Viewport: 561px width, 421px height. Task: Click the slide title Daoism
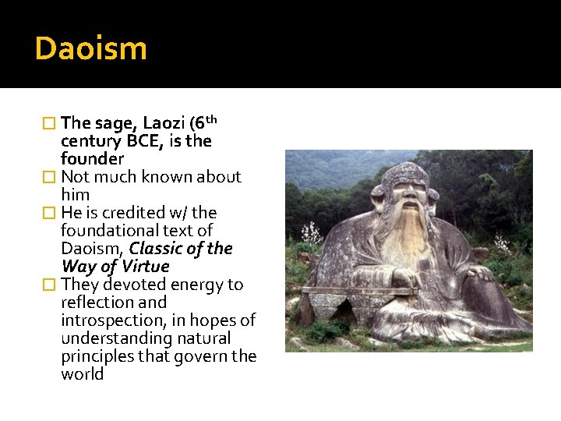tap(90, 48)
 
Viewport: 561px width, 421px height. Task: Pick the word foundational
tap(106, 231)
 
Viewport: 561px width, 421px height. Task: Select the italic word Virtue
tap(144, 267)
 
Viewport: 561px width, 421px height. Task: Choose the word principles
tap(97, 356)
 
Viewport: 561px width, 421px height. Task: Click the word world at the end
tap(83, 374)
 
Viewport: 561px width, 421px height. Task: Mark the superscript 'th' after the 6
tap(210, 119)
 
